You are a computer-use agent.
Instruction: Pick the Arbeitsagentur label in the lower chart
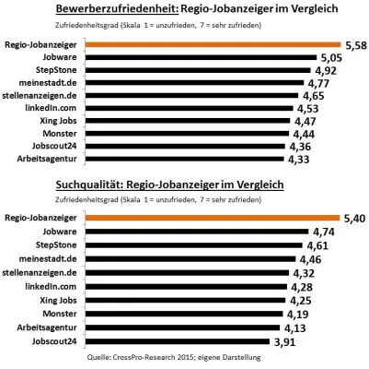(51, 327)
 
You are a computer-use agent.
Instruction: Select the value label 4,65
(312, 95)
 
